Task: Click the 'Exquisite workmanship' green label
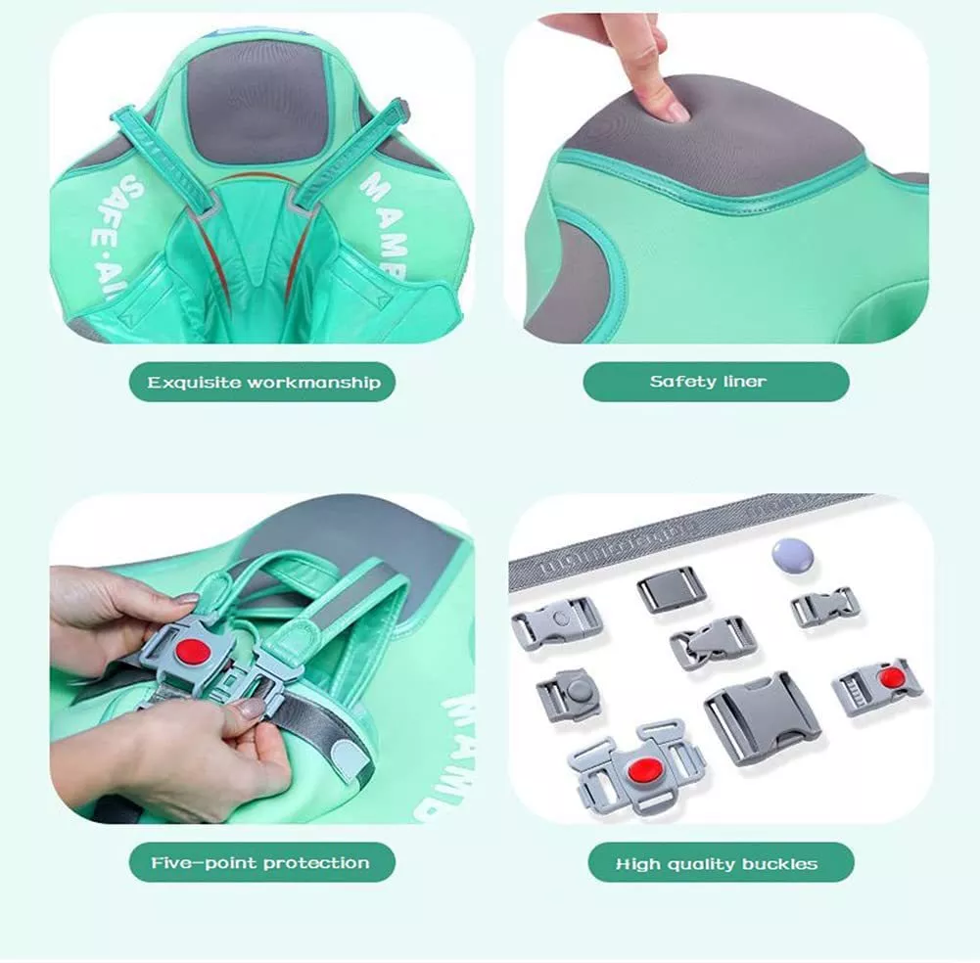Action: pyautogui.click(x=262, y=382)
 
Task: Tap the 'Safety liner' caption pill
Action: pyautogui.click(x=716, y=382)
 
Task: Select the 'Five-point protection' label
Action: pyautogui.click(x=261, y=862)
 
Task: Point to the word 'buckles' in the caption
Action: pyautogui.click(x=782, y=863)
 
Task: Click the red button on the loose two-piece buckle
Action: pyautogui.click(x=889, y=677)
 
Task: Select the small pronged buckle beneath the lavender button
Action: pyautogui.click(x=824, y=607)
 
